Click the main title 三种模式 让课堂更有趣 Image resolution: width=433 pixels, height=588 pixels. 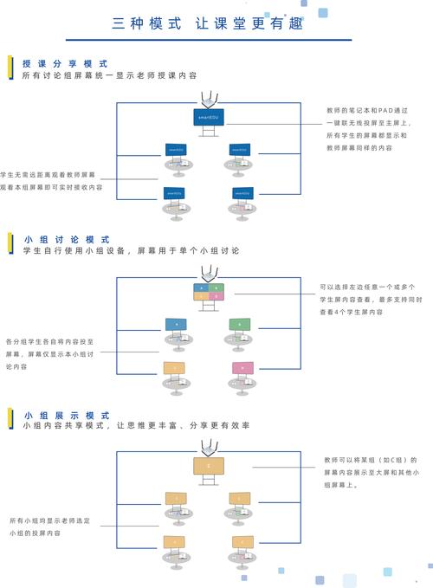(208, 23)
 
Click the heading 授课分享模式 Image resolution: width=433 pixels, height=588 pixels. (65, 64)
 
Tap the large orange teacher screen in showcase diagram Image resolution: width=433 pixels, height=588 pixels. (208, 466)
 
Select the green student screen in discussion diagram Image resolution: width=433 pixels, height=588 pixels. (240, 324)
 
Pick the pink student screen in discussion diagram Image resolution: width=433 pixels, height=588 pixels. (242, 368)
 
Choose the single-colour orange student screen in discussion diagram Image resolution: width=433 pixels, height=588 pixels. (175, 368)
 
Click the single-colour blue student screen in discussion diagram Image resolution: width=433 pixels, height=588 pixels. (176, 324)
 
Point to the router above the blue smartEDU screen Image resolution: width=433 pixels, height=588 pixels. (207, 99)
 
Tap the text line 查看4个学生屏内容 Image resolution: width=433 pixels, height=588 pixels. (352, 311)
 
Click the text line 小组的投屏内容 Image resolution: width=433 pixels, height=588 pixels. (35, 533)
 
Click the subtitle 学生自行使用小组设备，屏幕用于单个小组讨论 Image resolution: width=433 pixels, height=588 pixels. (131, 250)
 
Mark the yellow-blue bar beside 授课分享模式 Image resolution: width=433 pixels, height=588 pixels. (10, 68)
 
